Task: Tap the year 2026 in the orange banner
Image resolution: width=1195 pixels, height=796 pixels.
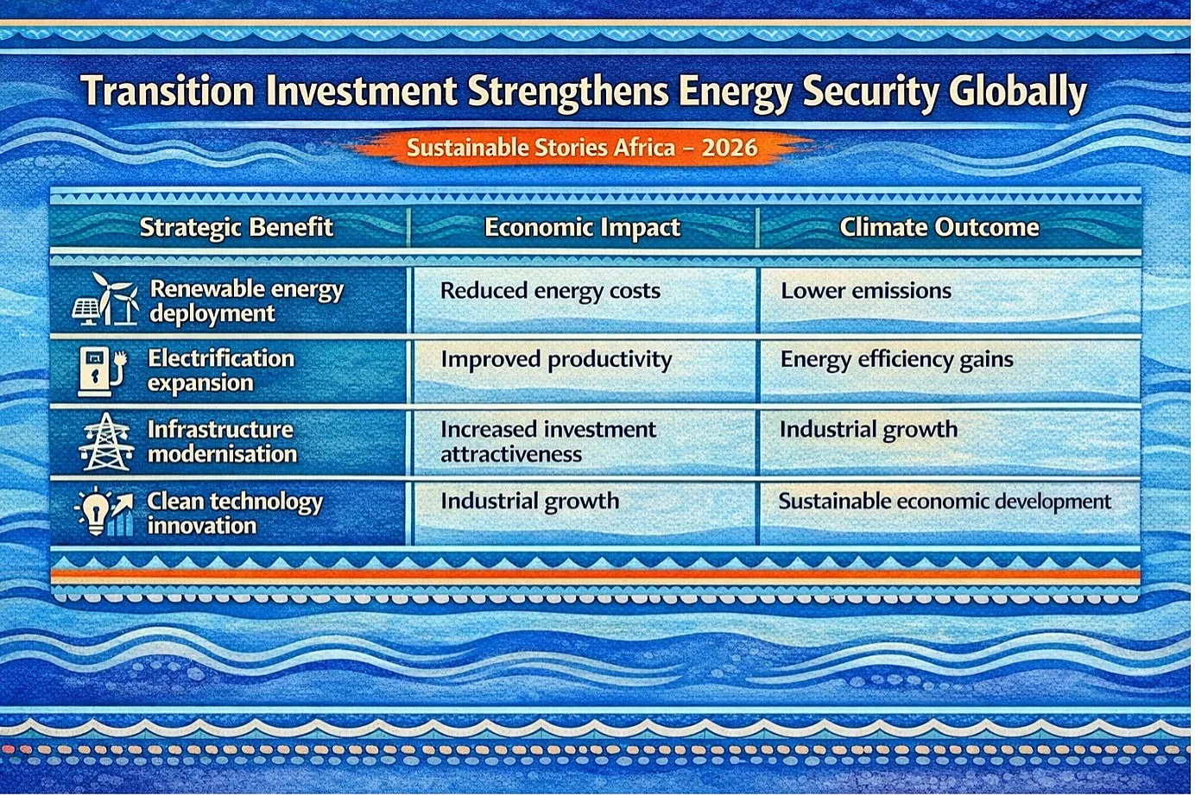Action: tap(729, 148)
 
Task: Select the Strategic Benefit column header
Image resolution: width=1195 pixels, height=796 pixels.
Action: tap(237, 228)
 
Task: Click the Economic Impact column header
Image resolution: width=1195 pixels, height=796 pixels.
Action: tap(582, 228)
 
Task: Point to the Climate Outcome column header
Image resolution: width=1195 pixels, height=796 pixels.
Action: tap(939, 227)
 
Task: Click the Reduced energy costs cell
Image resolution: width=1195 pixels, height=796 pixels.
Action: tap(550, 291)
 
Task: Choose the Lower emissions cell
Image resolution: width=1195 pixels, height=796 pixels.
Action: tap(866, 291)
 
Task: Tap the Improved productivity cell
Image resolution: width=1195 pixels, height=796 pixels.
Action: tap(556, 360)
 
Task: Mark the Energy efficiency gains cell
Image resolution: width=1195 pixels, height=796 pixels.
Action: tap(897, 360)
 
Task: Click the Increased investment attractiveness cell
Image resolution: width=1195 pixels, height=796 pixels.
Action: tap(548, 442)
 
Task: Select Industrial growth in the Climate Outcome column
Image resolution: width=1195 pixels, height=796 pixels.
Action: tap(869, 430)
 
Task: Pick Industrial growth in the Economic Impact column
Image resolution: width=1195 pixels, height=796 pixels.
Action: tap(530, 502)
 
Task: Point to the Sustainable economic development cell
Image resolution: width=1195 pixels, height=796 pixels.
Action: tap(945, 502)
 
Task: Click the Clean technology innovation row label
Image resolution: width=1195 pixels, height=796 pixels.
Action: tap(235, 513)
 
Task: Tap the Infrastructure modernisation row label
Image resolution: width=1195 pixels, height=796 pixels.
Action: tap(222, 442)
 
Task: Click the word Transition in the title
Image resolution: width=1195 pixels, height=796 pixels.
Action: tap(168, 91)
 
